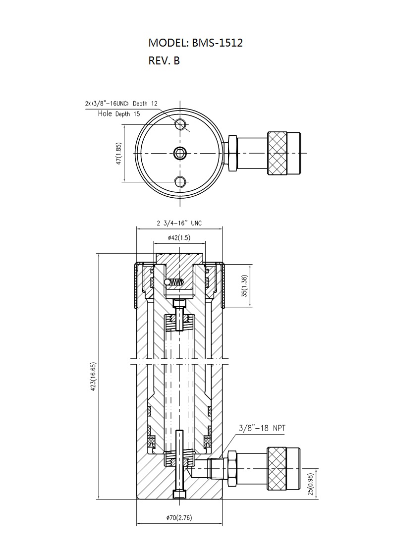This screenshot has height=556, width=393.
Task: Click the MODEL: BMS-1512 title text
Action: pos(195,43)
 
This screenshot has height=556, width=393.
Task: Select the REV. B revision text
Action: pos(164,61)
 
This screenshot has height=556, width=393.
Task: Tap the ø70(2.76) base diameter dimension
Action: pos(179,518)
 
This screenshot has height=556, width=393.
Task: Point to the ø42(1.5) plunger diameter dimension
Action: pos(179,237)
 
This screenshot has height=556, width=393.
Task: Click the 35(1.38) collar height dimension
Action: pos(244,286)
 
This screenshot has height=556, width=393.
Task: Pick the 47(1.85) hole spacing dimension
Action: pos(119,153)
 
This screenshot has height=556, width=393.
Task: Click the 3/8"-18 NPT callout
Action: pos(262,428)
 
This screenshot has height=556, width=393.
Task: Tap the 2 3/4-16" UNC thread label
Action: pos(179,223)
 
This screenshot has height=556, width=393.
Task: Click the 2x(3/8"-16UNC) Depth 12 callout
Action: pos(121,104)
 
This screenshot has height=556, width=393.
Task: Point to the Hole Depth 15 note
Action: pos(119,113)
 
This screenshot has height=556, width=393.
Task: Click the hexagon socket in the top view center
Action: pos(180,153)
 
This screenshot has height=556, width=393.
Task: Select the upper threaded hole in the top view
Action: pos(180,124)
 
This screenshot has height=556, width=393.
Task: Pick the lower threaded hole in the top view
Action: pos(180,182)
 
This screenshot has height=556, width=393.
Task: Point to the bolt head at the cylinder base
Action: pos(179,494)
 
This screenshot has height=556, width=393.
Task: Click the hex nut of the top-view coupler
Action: pos(232,153)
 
